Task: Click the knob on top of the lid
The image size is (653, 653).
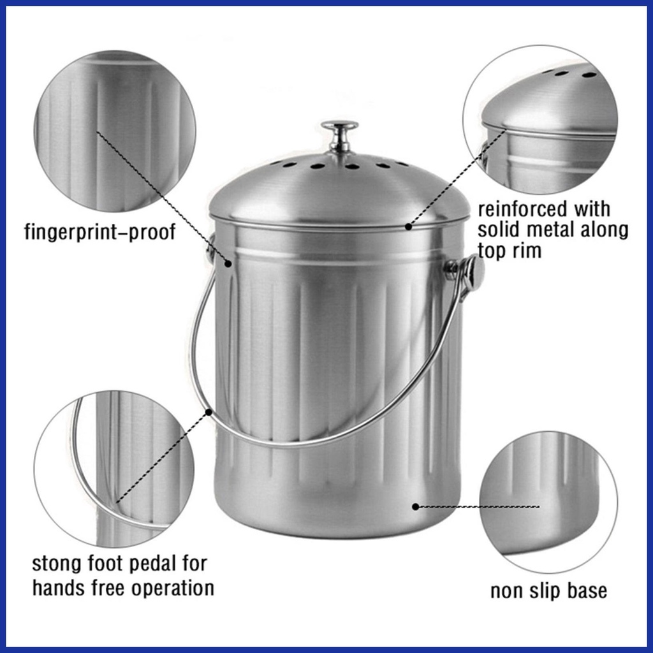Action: (x=339, y=135)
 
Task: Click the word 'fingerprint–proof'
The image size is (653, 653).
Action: (x=100, y=232)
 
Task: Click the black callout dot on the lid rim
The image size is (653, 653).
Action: (x=409, y=226)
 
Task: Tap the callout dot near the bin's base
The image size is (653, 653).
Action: (x=415, y=507)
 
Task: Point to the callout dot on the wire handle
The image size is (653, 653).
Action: (x=209, y=412)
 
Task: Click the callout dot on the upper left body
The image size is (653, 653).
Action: (x=228, y=263)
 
